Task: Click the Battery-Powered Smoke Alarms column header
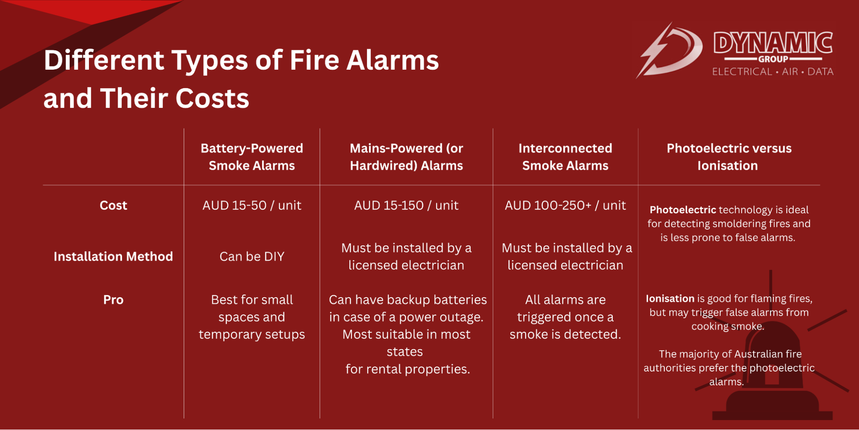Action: point(252,157)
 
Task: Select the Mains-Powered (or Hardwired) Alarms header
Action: point(406,157)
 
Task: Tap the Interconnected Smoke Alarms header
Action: point(565,157)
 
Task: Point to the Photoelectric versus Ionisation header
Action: point(729,157)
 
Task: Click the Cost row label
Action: point(113,206)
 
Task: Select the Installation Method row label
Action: point(113,257)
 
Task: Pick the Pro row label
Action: point(113,300)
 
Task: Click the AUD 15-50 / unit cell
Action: point(252,206)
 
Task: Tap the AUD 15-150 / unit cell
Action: point(406,206)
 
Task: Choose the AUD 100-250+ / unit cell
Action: point(565,206)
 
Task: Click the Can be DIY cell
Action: point(252,257)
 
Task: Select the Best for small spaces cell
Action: point(252,317)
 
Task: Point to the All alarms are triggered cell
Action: point(565,317)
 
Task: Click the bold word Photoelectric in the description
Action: point(682,210)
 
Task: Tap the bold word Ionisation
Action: point(670,299)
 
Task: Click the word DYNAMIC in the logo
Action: point(773,43)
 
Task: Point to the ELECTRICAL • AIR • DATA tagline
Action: point(773,72)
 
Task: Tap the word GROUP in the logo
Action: point(773,59)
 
